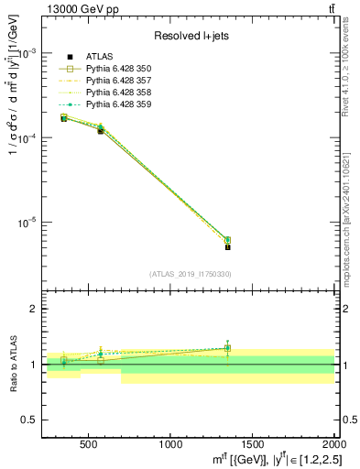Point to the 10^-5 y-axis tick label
(x=29, y=223)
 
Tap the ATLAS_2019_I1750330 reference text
(x=190, y=274)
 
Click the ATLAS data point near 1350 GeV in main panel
(x=227, y=246)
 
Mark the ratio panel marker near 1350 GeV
(x=227, y=348)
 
